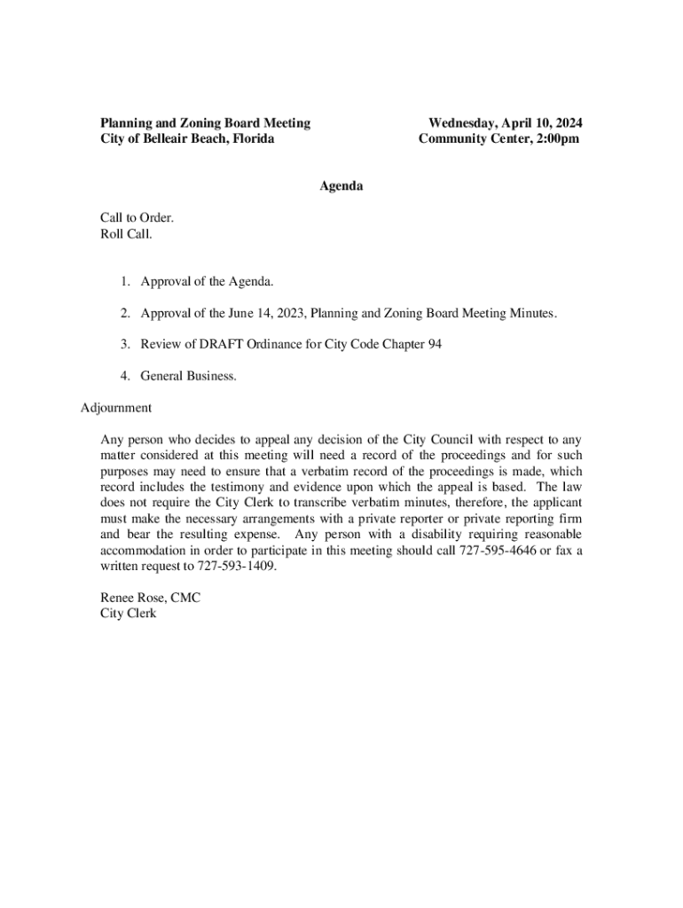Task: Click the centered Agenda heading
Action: [341, 186]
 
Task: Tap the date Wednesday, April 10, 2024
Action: [506, 123]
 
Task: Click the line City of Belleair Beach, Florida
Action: [187, 139]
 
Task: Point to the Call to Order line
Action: [137, 218]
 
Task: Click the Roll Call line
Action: [127, 235]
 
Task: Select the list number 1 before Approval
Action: [126, 282]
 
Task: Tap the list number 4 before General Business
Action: [126, 376]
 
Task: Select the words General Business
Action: [188, 376]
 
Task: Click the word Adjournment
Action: [116, 408]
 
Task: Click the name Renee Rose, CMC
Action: [151, 599]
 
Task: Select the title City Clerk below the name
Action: [129, 614]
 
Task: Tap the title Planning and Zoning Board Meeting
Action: [205, 123]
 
